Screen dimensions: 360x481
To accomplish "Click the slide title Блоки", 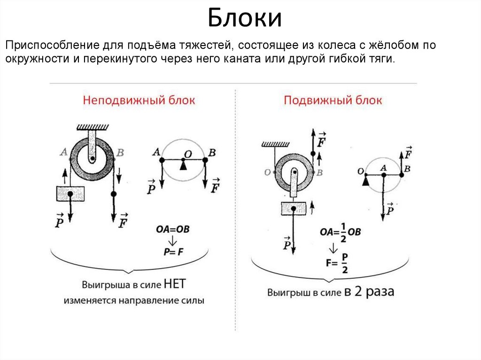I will (x=245, y=19).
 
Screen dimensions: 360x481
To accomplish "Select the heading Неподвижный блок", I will (x=139, y=100).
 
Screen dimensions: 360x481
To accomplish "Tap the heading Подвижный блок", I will (x=333, y=100).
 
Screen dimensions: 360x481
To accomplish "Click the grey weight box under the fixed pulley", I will (x=70, y=193).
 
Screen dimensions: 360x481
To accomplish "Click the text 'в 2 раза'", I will (x=369, y=291).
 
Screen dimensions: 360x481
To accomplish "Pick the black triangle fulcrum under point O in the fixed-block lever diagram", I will (x=183, y=165).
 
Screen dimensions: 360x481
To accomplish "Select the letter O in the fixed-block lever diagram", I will (x=187, y=153).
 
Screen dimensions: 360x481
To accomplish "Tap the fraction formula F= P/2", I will (x=337, y=263).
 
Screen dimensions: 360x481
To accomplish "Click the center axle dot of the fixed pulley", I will (x=93, y=159).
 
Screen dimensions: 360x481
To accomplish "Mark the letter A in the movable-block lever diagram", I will (x=383, y=168).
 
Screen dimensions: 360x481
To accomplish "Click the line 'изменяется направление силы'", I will (x=134, y=301).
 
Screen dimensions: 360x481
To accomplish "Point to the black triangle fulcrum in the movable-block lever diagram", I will (x=365, y=181).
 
